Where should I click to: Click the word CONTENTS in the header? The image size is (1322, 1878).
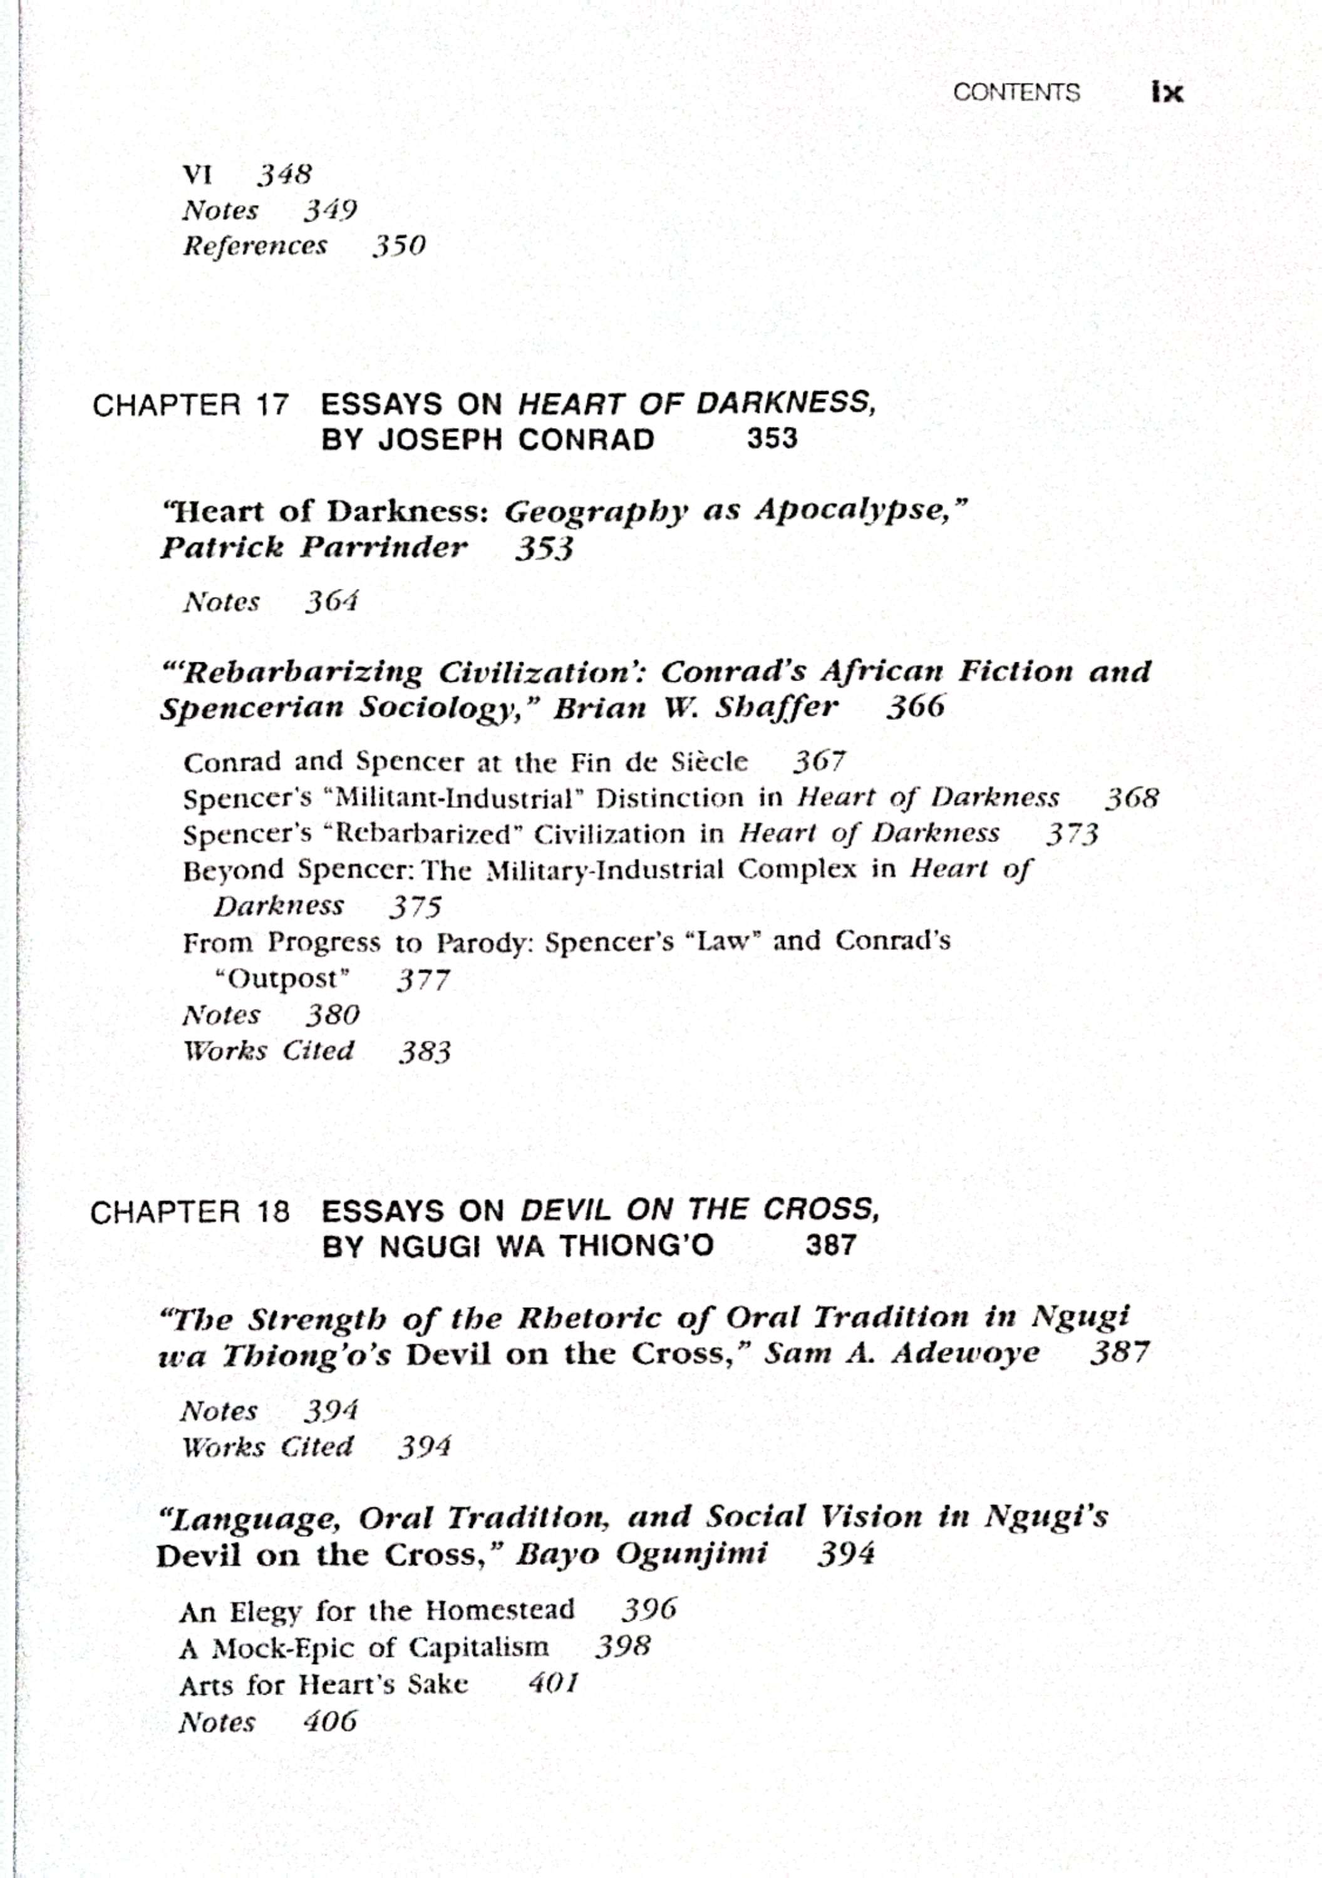pyautogui.click(x=1016, y=93)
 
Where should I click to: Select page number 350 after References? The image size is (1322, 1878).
pyautogui.click(x=399, y=246)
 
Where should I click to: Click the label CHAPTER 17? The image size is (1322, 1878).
pyautogui.click(x=190, y=405)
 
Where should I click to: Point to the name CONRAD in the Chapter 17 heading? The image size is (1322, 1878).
pyautogui.click(x=586, y=440)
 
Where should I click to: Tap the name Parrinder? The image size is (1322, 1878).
pyautogui.click(x=384, y=547)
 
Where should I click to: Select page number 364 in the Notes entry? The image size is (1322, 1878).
pyautogui.click(x=332, y=603)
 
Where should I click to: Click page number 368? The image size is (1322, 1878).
pyautogui.click(x=1132, y=798)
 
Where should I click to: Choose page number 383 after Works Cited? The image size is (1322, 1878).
pyautogui.click(x=425, y=1052)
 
